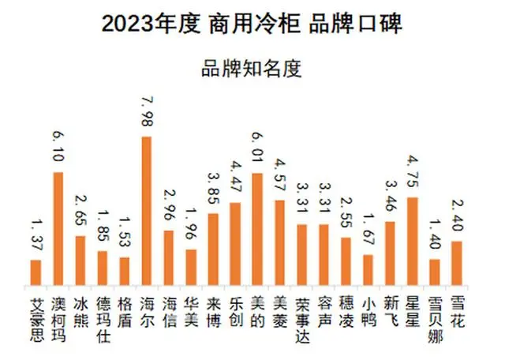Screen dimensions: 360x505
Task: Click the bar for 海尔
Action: click(x=146, y=210)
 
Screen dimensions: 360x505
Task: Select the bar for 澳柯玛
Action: click(x=58, y=228)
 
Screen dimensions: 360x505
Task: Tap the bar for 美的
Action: click(x=256, y=229)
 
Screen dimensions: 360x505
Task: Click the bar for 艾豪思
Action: click(x=36, y=272)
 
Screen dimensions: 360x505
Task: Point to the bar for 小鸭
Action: click(x=367, y=269)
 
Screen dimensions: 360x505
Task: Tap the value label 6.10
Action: click(x=58, y=148)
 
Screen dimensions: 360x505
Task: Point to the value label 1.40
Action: click(x=434, y=235)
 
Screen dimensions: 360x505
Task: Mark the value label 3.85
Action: click(x=213, y=189)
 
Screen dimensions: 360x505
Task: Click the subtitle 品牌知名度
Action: click(x=252, y=68)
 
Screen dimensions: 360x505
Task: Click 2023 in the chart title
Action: click(x=125, y=24)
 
